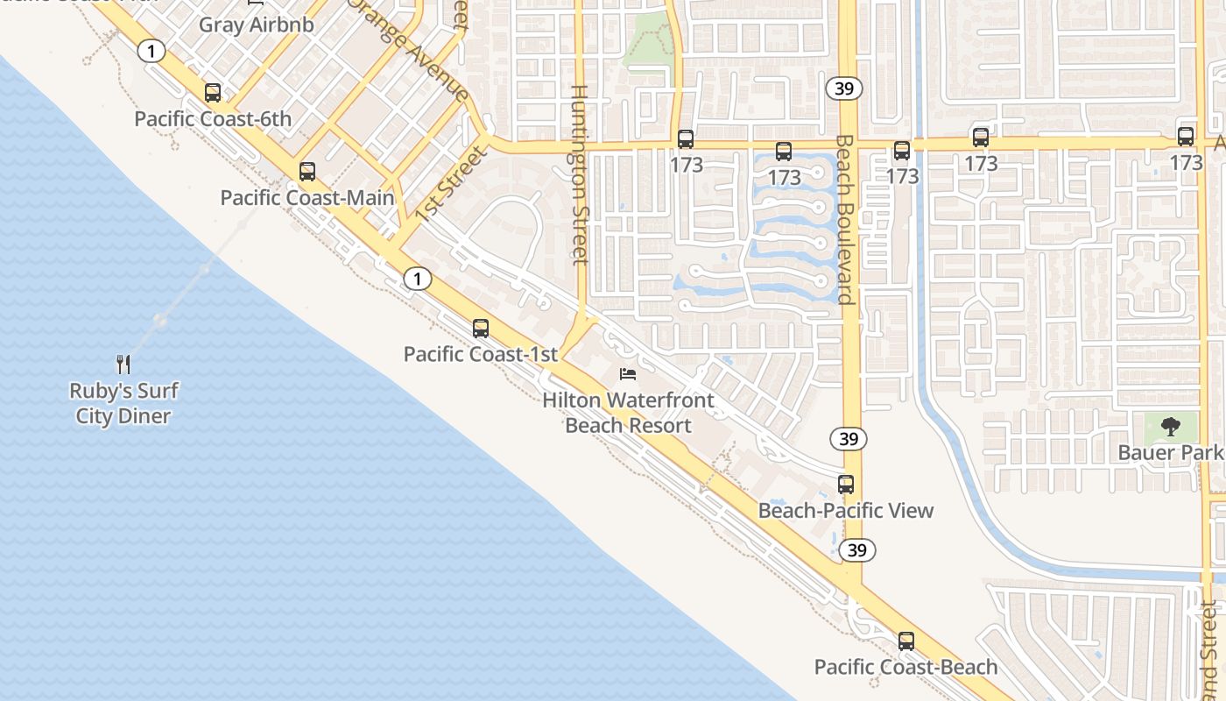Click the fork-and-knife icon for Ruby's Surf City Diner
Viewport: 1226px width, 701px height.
pyautogui.click(x=123, y=364)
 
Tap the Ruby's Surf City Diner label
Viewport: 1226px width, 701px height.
pyautogui.click(x=123, y=403)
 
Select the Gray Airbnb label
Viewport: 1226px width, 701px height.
pyautogui.click(x=256, y=24)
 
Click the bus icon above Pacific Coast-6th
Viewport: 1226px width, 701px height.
pyautogui.click(x=213, y=93)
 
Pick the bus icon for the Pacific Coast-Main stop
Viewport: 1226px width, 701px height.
pyautogui.click(x=306, y=172)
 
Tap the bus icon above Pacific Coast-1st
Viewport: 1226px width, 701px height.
pyautogui.click(x=481, y=329)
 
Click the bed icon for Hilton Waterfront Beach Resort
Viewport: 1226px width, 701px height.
pyautogui.click(x=628, y=374)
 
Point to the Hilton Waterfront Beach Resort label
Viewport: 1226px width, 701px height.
pyautogui.click(x=629, y=413)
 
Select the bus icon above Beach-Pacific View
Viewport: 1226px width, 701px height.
pyautogui.click(x=846, y=485)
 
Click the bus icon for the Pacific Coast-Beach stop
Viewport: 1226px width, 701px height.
pyautogui.click(x=906, y=641)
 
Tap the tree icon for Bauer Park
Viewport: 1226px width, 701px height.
pyautogui.click(x=1170, y=427)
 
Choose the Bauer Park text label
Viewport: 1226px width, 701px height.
pyautogui.click(x=1170, y=452)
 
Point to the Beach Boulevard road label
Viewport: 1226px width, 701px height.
pyautogui.click(x=844, y=219)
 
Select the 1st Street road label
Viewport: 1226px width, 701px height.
pyautogui.click(x=450, y=183)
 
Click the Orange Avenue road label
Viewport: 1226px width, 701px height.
pyautogui.click(x=409, y=48)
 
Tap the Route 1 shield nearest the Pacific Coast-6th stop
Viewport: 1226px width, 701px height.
pyautogui.click(x=151, y=52)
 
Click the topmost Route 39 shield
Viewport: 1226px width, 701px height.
pyautogui.click(x=844, y=88)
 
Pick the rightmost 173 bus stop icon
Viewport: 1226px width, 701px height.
pyautogui.click(x=1186, y=137)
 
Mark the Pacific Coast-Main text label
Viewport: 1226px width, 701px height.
pyautogui.click(x=307, y=197)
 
